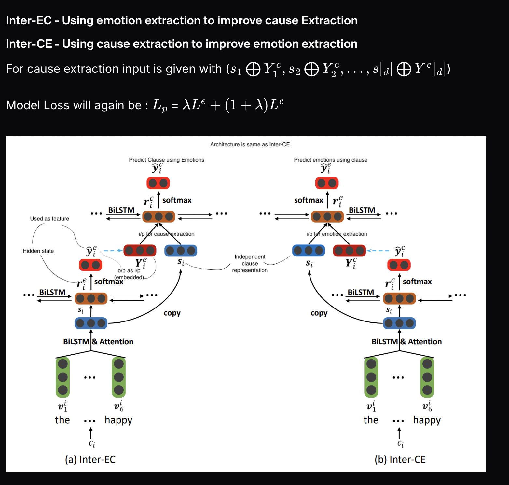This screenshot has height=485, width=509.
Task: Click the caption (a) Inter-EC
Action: (90, 459)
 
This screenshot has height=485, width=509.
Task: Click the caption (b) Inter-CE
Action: (400, 459)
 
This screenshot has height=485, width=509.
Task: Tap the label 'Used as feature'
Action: (49, 219)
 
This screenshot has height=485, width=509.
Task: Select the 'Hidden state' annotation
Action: (38, 251)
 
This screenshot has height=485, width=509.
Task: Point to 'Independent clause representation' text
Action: (250, 263)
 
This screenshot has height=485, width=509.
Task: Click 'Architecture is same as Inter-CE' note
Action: (250, 144)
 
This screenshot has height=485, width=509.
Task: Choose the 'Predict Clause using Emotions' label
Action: (166, 160)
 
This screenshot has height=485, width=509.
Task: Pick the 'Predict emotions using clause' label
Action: (330, 160)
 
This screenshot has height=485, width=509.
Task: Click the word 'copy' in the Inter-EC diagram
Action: (172, 313)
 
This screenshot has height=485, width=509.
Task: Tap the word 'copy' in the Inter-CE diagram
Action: (319, 313)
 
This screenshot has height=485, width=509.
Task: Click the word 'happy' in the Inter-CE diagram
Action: (427, 420)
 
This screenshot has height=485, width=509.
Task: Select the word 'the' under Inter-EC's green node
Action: (62, 420)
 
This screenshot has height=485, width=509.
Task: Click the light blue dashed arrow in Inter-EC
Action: (113, 251)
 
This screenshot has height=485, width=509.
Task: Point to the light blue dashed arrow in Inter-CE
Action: (378, 251)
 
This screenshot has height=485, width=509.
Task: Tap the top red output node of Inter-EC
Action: (158, 183)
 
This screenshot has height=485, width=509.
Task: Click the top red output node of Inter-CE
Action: (327, 183)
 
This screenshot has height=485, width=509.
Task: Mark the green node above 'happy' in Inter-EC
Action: (119, 377)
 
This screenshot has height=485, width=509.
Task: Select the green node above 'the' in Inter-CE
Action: (371, 377)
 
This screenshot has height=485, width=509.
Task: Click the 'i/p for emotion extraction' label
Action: (337, 234)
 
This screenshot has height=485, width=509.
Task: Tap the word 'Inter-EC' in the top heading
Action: (29, 20)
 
